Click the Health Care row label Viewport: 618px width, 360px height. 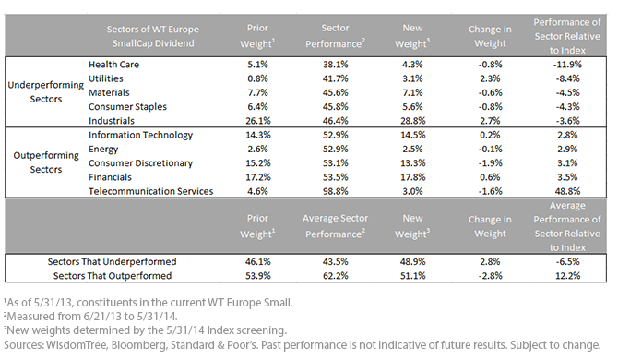coord(113,65)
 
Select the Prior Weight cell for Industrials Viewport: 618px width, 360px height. coord(257,121)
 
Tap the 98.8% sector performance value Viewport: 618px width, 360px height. coord(336,191)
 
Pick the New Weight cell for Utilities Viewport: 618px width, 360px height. coord(412,78)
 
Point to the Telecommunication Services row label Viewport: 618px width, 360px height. coord(150,191)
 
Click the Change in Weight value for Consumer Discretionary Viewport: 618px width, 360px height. coord(490,162)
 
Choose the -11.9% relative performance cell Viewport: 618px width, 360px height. coord(567,65)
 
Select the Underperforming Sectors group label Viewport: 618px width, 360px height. coord(46,92)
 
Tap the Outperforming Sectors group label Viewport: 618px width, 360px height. coord(46,162)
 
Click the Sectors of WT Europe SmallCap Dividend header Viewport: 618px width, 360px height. coord(153,36)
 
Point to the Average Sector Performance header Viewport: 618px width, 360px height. coord(336,226)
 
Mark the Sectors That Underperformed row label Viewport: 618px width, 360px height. coord(112,261)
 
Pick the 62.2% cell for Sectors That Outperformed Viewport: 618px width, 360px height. coord(336,276)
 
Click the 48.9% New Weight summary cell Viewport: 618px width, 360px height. coord(412,261)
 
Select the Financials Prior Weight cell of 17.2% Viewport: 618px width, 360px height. coord(257,177)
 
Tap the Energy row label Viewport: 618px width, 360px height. coord(103,150)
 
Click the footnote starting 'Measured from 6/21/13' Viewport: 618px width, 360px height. coord(90,317)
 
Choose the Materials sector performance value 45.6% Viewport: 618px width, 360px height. coord(336,92)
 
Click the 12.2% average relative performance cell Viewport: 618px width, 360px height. coord(567,276)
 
